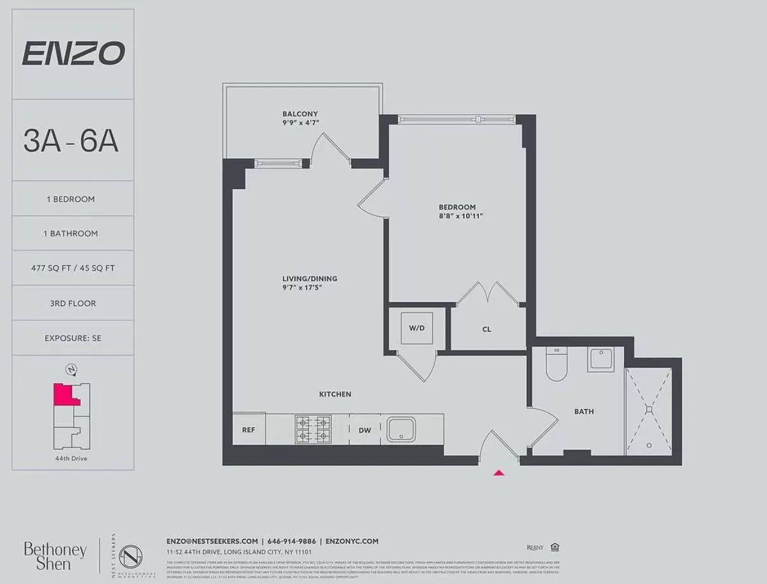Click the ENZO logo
pyautogui.click(x=73, y=53)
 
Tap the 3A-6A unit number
pyautogui.click(x=71, y=141)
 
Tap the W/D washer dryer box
pyautogui.click(x=417, y=328)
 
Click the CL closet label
pyautogui.click(x=487, y=330)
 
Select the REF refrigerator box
pyautogui.click(x=249, y=430)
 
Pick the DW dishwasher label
pyautogui.click(x=364, y=431)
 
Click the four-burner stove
pyautogui.click(x=313, y=429)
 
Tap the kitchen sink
pyautogui.click(x=401, y=429)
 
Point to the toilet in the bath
pyautogui.click(x=556, y=365)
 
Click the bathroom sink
pyautogui.click(x=601, y=359)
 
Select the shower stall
pyautogui.click(x=649, y=410)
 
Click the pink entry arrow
pyautogui.click(x=499, y=472)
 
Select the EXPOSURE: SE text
pyautogui.click(x=73, y=338)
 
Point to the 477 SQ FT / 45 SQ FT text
pyautogui.click(x=73, y=268)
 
